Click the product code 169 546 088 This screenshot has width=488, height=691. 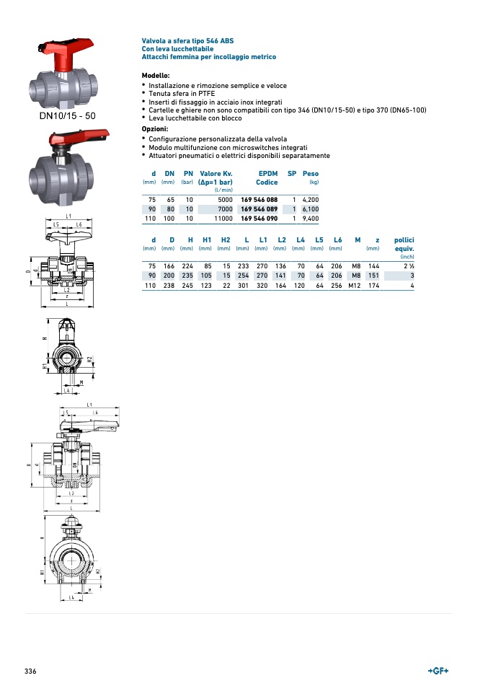(x=259, y=199)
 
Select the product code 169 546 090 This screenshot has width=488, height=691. (x=259, y=218)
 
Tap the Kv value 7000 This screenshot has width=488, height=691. (x=224, y=208)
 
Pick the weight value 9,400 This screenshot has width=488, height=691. (x=311, y=218)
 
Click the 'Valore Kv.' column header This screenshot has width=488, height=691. (x=216, y=174)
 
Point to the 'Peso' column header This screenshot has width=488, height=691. (x=311, y=174)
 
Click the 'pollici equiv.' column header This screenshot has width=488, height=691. (x=404, y=244)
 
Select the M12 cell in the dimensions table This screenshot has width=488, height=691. (x=354, y=285)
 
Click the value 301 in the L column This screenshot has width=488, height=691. (x=243, y=285)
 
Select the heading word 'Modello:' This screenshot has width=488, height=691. (x=156, y=76)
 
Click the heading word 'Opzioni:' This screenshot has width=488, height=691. (x=155, y=129)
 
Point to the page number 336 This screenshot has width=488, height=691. (x=30, y=671)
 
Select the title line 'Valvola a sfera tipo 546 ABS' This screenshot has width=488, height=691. (x=187, y=40)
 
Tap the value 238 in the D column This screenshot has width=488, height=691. (x=169, y=285)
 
